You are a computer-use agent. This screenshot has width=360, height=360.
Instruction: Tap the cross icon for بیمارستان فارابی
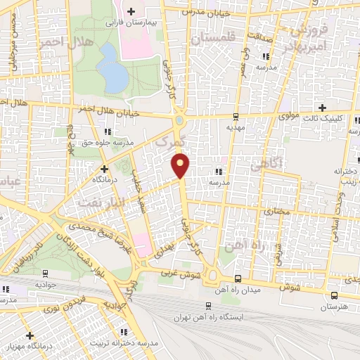[131, 11]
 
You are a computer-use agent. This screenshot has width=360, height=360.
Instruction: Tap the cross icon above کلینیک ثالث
[322, 108]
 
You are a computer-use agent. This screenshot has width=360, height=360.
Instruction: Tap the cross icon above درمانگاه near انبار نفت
[104, 169]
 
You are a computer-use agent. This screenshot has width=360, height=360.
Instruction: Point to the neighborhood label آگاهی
[266, 167]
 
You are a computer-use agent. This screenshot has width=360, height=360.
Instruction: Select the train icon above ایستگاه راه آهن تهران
[207, 305]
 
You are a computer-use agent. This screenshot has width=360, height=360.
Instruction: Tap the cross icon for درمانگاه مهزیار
[30, 335]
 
